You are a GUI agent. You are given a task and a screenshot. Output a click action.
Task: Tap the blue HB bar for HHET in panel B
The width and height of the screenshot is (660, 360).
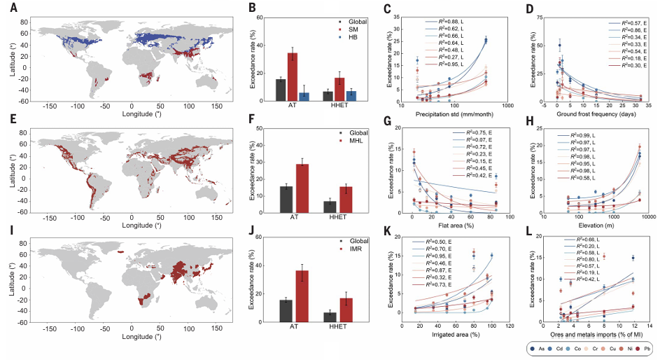(x=352, y=96)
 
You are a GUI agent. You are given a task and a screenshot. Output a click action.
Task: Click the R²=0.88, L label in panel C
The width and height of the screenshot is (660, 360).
(x=445, y=22)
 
